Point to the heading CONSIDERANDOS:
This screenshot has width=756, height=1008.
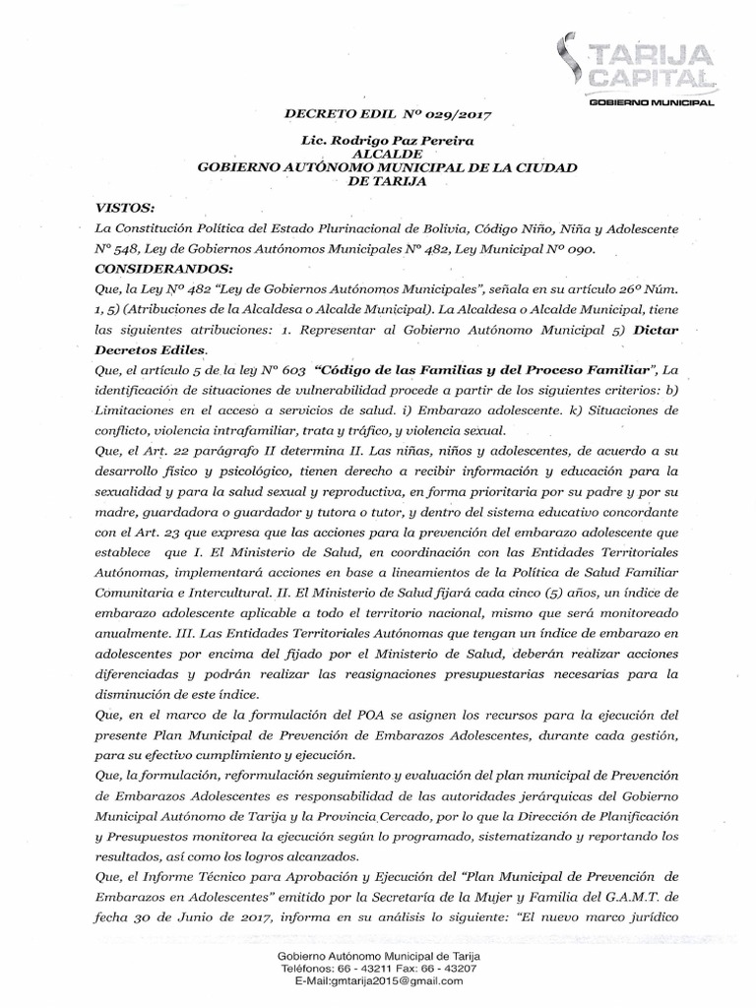point(162,268)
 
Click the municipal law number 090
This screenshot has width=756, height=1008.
point(576,250)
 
